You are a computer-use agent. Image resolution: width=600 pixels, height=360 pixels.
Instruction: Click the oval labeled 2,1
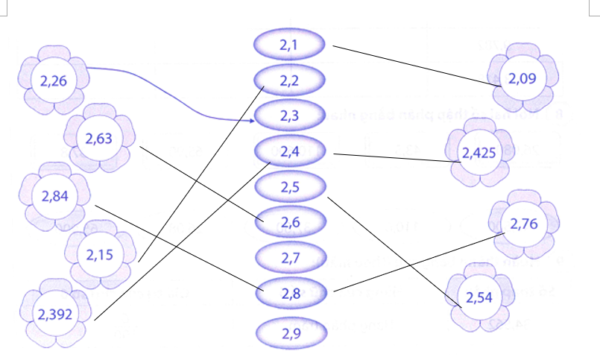pos(290,45)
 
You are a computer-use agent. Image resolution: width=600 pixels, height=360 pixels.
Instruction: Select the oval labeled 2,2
pos(290,80)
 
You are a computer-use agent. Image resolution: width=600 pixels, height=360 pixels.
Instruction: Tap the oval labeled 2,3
pos(290,116)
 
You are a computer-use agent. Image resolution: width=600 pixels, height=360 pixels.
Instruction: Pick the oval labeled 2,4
pos(290,151)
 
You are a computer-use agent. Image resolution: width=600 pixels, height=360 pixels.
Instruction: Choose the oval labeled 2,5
pos(290,187)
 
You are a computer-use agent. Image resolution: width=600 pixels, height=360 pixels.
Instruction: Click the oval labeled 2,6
pos(290,222)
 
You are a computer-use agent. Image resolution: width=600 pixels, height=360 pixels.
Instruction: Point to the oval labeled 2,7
pos(290,258)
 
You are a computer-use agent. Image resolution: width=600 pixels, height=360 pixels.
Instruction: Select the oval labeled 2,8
pos(290,293)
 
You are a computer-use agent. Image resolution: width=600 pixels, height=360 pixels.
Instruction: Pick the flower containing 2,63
pos(99,137)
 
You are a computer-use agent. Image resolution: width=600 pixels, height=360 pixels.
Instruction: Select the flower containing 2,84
pos(55,197)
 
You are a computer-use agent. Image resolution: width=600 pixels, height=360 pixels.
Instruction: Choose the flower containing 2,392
pos(55,314)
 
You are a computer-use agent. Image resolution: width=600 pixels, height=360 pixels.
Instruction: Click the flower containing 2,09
pos(522,78)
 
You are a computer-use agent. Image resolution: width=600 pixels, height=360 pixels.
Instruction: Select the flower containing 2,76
pos(524,224)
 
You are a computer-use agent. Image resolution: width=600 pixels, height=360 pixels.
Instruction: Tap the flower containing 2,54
pos(479,297)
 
